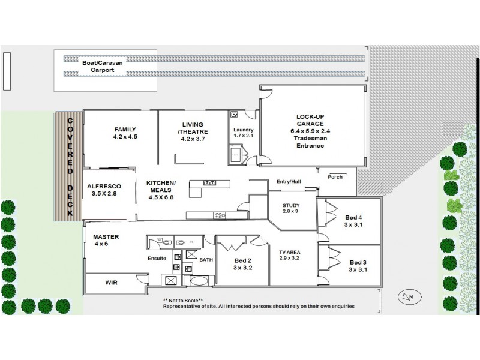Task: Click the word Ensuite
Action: [157, 259]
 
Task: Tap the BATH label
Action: [206, 259]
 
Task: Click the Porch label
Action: [335, 177]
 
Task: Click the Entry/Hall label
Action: [288, 181]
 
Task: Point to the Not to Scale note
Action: [183, 299]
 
